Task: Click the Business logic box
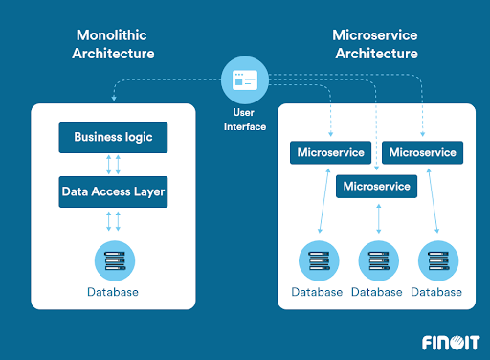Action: [113, 137]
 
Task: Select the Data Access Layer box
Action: [113, 191]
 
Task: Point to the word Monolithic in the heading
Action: [113, 35]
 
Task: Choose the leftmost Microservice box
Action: [329, 152]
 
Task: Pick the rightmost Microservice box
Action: [422, 152]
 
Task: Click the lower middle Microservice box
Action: [376, 186]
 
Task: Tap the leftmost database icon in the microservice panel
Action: [317, 259]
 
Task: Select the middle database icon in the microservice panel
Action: [378, 259]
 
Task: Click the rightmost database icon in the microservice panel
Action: [439, 259]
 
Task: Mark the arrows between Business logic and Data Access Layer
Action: [113, 164]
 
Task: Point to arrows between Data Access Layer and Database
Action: [113, 220]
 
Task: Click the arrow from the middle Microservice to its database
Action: [379, 217]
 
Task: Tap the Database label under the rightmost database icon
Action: [439, 291]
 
